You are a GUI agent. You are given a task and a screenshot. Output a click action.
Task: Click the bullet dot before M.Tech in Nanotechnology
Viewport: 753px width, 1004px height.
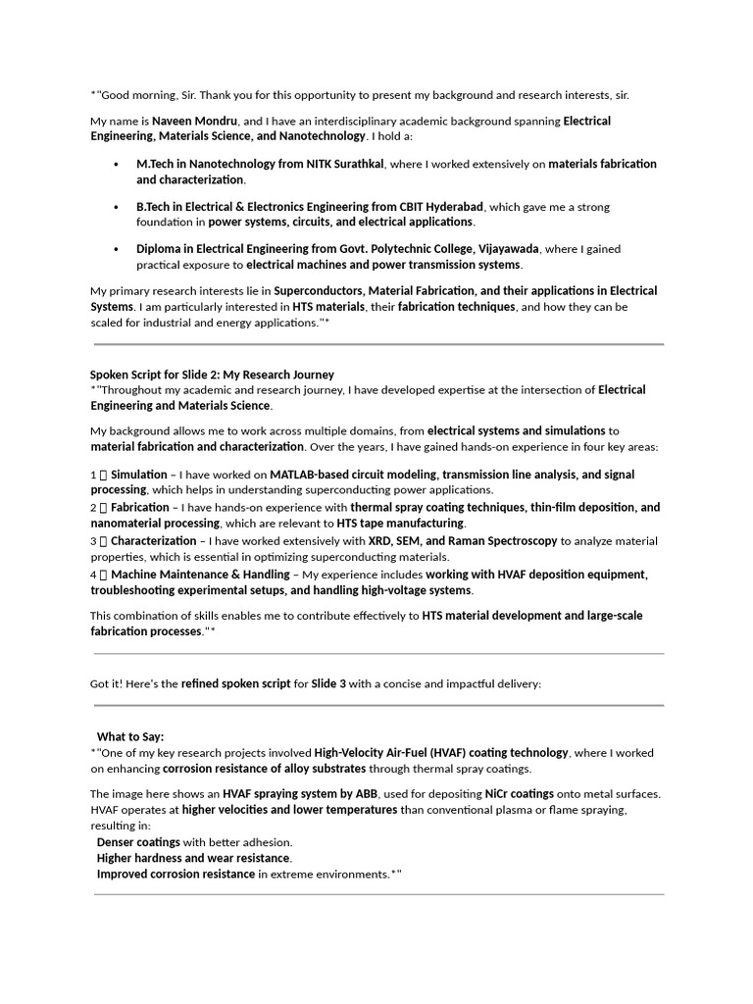(117, 165)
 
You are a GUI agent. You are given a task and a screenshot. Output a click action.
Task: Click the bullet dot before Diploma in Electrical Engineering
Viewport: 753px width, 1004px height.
(117, 250)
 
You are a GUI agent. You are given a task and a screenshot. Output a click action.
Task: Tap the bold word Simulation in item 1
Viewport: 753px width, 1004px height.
(138, 475)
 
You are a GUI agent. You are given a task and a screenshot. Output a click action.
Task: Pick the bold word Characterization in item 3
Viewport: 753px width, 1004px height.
(153, 540)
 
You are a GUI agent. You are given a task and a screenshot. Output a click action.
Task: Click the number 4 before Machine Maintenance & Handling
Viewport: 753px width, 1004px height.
(93, 575)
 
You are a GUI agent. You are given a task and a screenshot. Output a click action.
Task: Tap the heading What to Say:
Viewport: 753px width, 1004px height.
(130, 736)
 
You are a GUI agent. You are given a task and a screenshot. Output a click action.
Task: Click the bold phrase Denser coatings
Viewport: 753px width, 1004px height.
(138, 842)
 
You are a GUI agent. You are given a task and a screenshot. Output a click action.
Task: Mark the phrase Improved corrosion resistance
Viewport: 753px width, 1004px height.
(176, 874)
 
